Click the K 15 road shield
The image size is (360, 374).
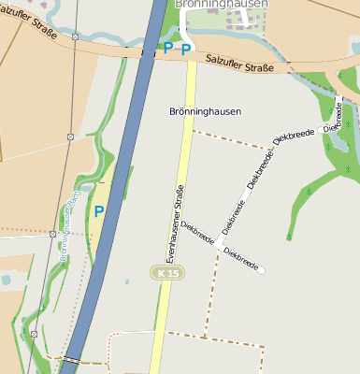coord(164,271)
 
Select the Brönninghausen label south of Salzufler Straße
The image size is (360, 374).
coord(205,111)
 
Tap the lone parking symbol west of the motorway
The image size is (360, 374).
coord(99,211)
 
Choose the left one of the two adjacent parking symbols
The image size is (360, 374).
coord(168,48)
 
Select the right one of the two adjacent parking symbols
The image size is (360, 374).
coord(186,48)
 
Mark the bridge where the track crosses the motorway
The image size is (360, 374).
coord(72,359)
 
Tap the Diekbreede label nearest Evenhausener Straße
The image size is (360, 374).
coord(197,233)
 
